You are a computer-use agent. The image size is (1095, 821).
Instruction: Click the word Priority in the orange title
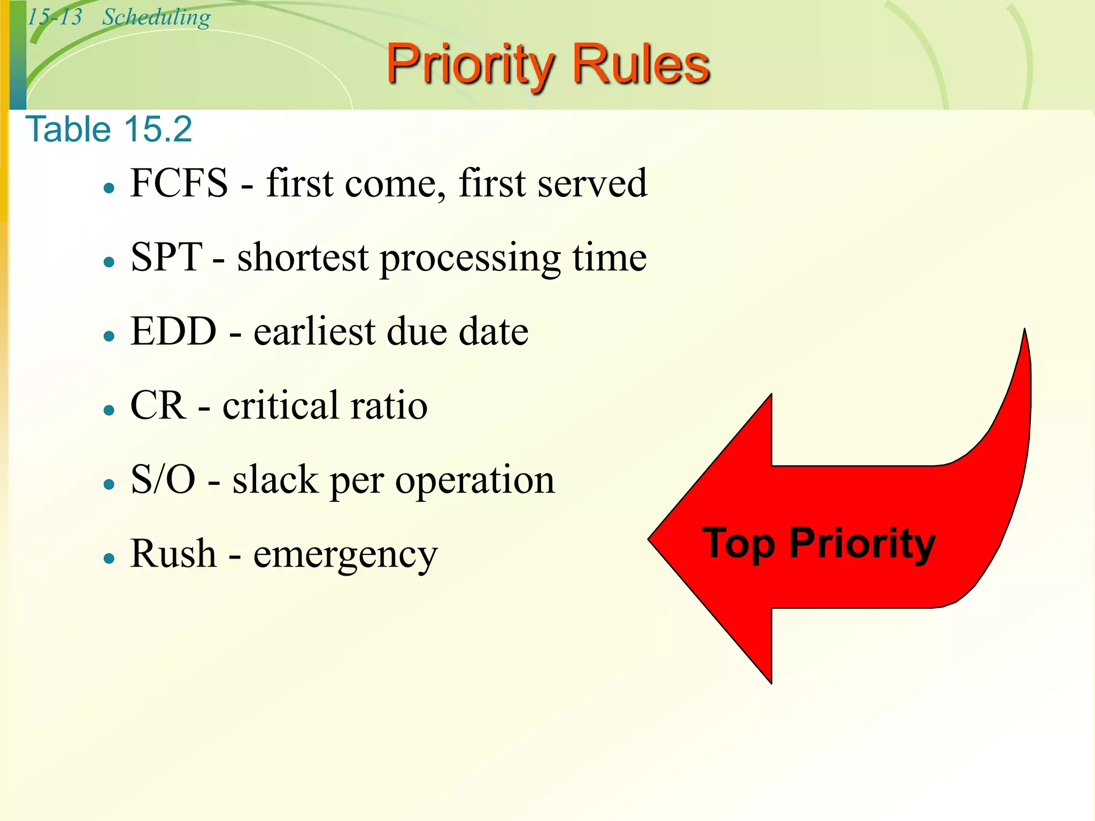point(471,65)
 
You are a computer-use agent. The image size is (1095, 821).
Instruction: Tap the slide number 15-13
point(55,17)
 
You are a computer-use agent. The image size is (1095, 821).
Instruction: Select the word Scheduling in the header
point(156,18)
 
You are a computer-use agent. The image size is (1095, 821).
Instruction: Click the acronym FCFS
point(179,183)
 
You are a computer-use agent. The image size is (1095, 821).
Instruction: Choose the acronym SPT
point(166,257)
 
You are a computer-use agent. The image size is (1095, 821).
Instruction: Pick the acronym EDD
point(173,331)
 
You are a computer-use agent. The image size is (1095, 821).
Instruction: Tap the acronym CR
point(158,405)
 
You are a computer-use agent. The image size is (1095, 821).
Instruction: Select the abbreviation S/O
point(163,479)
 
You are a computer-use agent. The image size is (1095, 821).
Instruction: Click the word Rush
point(173,554)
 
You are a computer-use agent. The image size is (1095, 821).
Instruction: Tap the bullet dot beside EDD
point(110,336)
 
